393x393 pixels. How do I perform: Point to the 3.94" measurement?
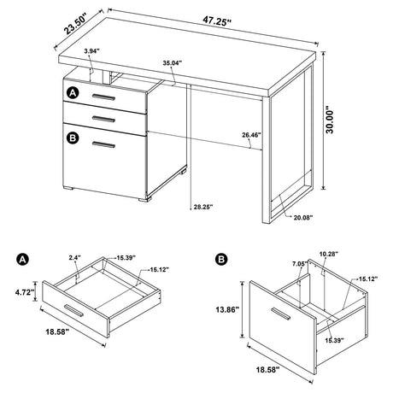click(x=91, y=51)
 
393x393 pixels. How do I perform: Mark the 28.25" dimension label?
click(x=203, y=205)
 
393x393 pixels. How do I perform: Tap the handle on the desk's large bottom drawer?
click(x=105, y=144)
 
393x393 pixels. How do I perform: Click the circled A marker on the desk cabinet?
click(x=73, y=92)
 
